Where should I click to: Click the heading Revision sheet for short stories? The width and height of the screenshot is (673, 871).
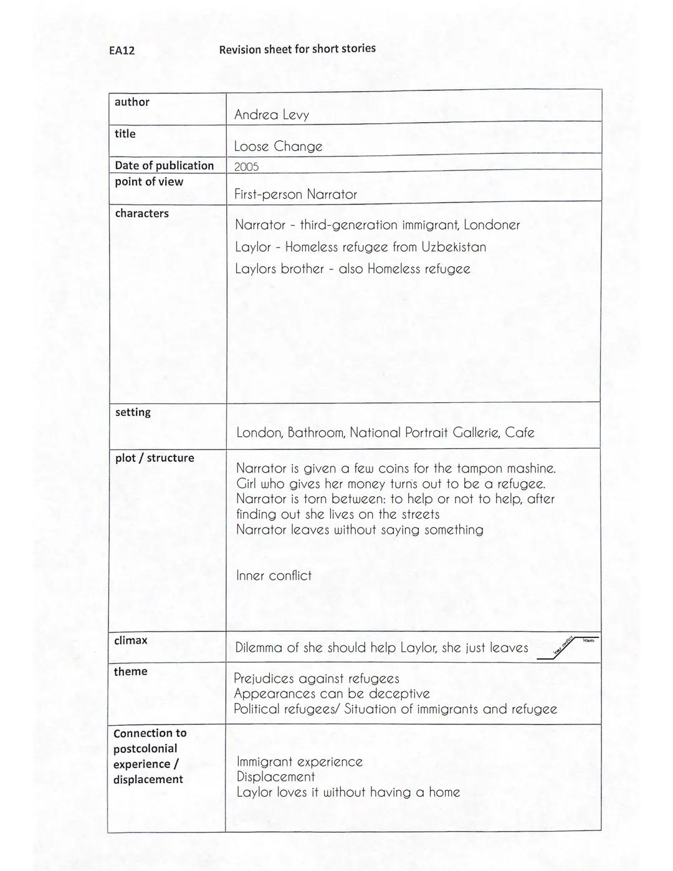297,49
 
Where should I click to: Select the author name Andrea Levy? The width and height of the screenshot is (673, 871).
271,115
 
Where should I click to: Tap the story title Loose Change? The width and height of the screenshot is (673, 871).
278,147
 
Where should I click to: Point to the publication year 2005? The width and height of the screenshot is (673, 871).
246,166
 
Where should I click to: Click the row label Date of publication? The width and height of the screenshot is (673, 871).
164,165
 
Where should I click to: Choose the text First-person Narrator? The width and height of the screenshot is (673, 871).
295,195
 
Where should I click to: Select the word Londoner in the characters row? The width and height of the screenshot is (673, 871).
491,225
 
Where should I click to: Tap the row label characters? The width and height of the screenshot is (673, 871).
141,213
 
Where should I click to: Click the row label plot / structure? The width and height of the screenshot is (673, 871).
154,458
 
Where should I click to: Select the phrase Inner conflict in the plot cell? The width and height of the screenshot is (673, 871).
274,575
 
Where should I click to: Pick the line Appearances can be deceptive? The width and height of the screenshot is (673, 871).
332,694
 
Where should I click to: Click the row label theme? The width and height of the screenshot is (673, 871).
130,671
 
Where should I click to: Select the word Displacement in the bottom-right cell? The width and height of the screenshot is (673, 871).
275,777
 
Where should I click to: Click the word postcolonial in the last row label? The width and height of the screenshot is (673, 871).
145,748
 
